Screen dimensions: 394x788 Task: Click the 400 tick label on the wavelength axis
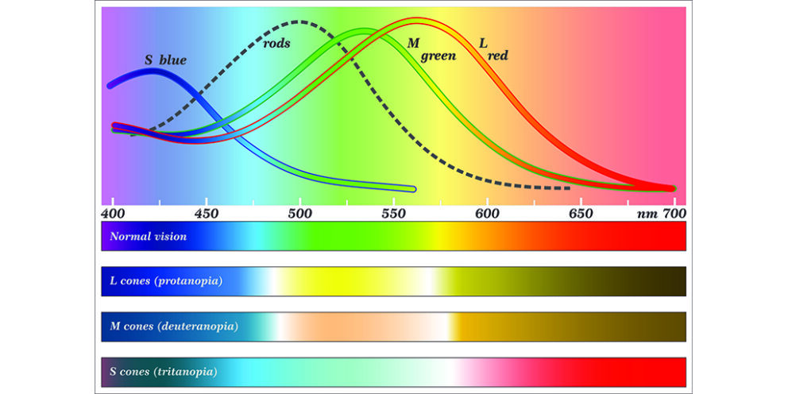click(x=113, y=214)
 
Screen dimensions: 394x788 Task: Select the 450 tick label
click(x=207, y=214)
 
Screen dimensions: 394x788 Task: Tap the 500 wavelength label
click(x=299, y=214)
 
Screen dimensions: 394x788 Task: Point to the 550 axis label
click(x=393, y=214)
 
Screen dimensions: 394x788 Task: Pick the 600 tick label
click(x=486, y=214)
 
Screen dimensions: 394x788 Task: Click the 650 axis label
click(x=580, y=214)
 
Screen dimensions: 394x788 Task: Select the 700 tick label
click(x=674, y=214)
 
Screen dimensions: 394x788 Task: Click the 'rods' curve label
click(x=276, y=43)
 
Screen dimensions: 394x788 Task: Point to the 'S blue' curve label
click(x=165, y=60)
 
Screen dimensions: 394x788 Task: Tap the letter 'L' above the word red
click(x=482, y=41)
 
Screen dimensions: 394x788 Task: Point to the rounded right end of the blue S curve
click(x=411, y=188)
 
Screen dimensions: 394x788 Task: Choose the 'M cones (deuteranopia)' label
click(x=172, y=326)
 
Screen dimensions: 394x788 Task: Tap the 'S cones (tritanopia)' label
click(x=164, y=371)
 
